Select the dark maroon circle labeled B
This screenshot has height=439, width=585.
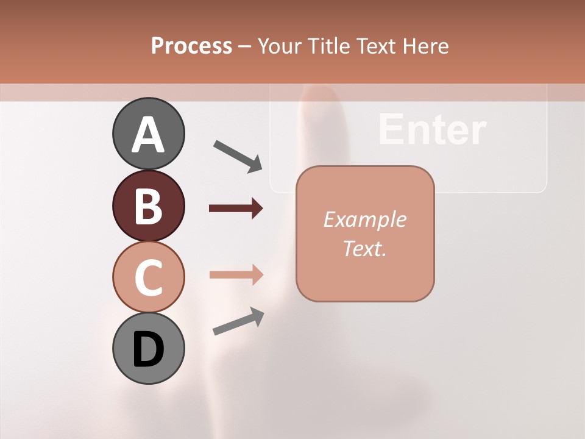pos(148,205)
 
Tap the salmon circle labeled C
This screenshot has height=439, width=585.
pos(148,277)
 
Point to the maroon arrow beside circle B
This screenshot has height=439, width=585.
pos(236,209)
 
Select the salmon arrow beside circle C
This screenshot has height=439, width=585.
pos(236,274)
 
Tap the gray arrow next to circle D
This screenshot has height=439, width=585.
pos(238,322)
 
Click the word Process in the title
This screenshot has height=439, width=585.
pos(191,46)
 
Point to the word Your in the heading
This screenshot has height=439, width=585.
pos(280,46)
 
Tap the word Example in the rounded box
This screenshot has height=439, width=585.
pos(364,220)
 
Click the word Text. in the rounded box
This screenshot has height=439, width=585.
pos(364,248)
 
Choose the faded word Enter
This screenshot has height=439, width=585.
pos(431,129)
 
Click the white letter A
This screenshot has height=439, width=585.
pos(148,134)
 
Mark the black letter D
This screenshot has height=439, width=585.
pos(148,349)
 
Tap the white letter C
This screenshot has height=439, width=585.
pos(148,277)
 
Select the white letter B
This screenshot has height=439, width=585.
pos(148,206)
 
